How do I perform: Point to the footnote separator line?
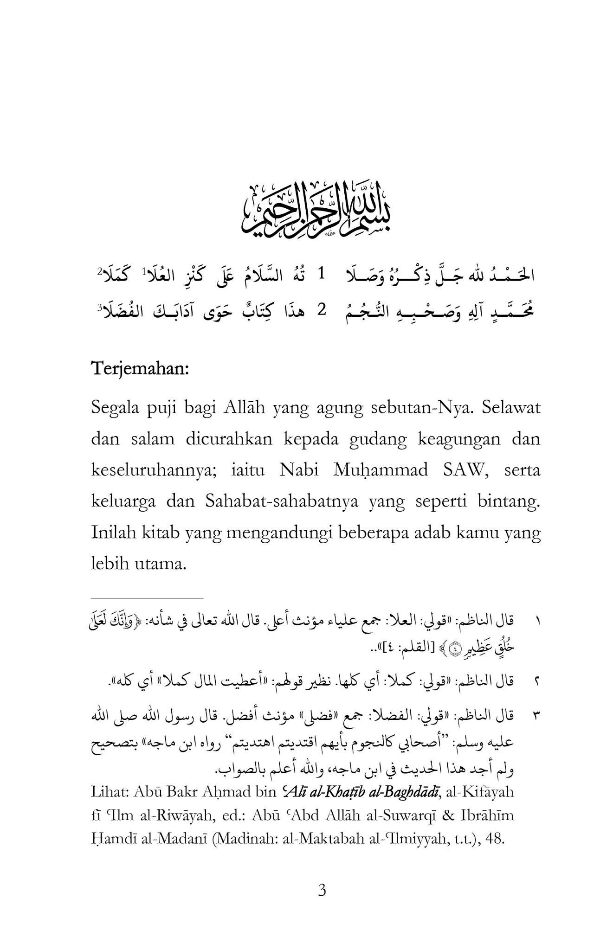(147, 598)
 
